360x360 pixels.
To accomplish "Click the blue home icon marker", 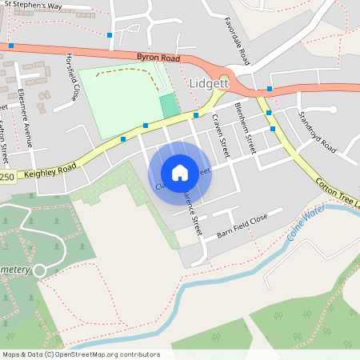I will click(180, 172).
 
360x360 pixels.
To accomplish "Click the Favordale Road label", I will click(238, 41).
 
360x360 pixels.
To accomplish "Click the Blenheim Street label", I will click(250, 132).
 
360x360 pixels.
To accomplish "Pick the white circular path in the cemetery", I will click(39, 270).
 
